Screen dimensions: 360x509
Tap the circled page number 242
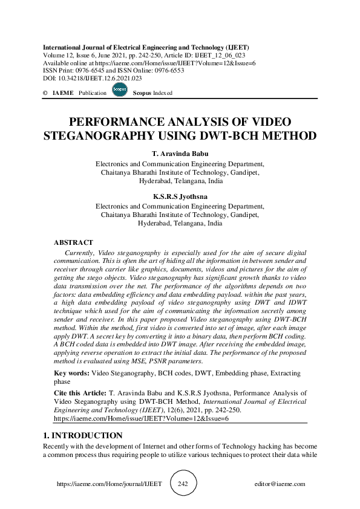coord(183,484)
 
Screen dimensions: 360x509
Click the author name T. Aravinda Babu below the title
coord(180,154)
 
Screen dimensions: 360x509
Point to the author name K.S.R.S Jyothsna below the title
coord(180,196)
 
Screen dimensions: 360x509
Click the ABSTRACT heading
coord(73,242)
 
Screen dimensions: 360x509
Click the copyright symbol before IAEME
coord(45,93)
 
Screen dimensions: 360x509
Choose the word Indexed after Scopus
coord(162,93)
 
